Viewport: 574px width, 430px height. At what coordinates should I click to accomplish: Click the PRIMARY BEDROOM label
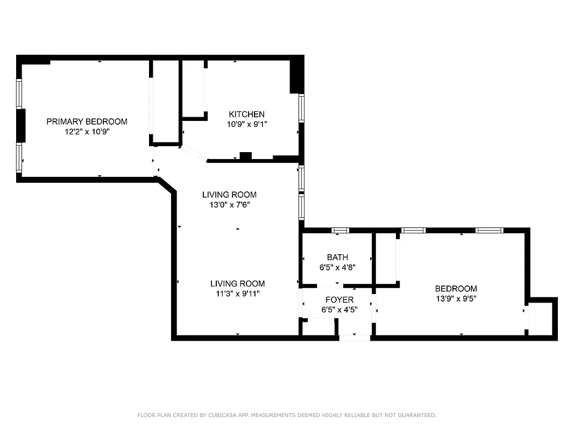click(87, 121)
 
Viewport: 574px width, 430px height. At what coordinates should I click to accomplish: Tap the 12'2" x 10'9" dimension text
click(87, 131)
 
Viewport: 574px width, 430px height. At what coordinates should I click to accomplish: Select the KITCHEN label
click(246, 114)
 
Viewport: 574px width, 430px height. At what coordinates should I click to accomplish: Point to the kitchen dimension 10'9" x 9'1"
click(246, 124)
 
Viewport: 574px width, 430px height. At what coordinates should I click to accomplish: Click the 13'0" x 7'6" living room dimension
click(229, 204)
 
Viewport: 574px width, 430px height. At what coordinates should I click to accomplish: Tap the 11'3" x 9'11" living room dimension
click(237, 293)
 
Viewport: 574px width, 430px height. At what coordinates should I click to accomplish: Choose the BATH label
click(337, 257)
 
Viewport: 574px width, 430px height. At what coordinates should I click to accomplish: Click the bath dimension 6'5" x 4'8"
click(337, 267)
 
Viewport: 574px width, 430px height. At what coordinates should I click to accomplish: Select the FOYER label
click(339, 299)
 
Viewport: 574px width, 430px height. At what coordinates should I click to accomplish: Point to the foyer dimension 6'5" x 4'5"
click(339, 309)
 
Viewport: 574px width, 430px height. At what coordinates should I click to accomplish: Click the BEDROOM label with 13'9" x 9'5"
click(456, 289)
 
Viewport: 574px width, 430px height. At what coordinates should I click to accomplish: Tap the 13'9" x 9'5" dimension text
click(456, 298)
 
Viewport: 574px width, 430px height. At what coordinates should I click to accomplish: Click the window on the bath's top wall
click(340, 231)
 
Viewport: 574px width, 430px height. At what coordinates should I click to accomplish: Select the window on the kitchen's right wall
click(301, 109)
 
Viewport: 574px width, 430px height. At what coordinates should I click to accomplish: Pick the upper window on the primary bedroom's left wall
click(19, 94)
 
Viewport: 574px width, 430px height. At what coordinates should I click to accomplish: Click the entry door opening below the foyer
click(355, 338)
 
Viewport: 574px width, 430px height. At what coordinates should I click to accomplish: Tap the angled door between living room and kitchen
click(194, 154)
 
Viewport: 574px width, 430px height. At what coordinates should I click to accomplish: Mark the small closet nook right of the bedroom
click(541, 319)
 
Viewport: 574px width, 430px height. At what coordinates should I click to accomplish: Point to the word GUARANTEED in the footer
click(415, 415)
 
